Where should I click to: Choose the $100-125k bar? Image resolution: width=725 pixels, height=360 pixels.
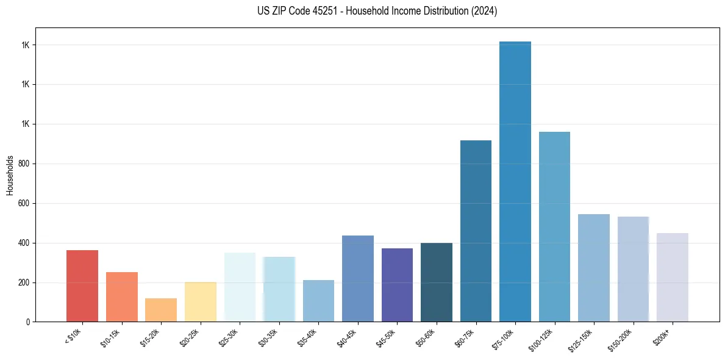coord(554,226)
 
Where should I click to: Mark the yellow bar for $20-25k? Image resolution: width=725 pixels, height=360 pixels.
coord(200,301)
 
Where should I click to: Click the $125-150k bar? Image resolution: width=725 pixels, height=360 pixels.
coord(594,268)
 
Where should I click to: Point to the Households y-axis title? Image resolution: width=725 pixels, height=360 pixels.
coord(10,175)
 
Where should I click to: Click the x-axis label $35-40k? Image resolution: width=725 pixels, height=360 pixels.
coord(308,337)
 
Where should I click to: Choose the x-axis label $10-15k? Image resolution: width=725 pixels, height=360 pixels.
coord(112,337)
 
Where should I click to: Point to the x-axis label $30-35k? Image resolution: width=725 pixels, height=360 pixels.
coord(268,337)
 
